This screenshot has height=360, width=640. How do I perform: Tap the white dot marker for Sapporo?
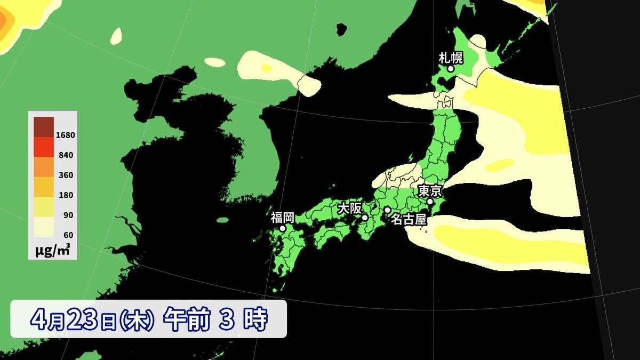[451, 69]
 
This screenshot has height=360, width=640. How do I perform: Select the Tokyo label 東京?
[429, 191]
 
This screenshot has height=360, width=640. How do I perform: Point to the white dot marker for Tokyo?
[430, 202]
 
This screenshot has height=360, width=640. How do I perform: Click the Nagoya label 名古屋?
[409, 218]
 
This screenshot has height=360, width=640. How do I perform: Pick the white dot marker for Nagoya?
[387, 210]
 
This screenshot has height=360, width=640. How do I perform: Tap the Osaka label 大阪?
[349, 208]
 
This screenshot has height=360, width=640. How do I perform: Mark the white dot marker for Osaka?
[365, 218]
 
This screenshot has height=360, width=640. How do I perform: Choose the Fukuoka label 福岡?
[282, 217]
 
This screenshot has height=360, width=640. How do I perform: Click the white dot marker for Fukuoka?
[283, 228]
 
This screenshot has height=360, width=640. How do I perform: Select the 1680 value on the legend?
[66, 135]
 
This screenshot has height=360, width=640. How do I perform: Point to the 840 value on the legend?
[66, 155]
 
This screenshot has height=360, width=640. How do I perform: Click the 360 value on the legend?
[66, 175]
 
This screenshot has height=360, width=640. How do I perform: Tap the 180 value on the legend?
[66, 195]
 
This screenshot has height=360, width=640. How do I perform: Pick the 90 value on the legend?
[68, 215]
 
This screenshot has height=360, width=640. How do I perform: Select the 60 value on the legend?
[68, 235]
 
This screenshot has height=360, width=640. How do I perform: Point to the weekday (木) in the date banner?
[137, 320]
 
